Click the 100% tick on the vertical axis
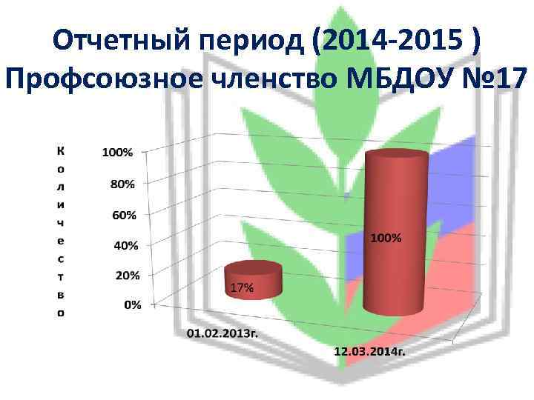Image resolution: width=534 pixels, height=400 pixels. [117, 153]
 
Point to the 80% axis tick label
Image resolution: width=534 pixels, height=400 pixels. [120, 183]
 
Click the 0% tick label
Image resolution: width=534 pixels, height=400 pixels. [132, 304]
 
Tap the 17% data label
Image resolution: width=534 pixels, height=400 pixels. [242, 288]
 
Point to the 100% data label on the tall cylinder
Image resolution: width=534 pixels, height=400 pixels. [386, 239]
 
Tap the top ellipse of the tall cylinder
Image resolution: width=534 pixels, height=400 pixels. [398, 155]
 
